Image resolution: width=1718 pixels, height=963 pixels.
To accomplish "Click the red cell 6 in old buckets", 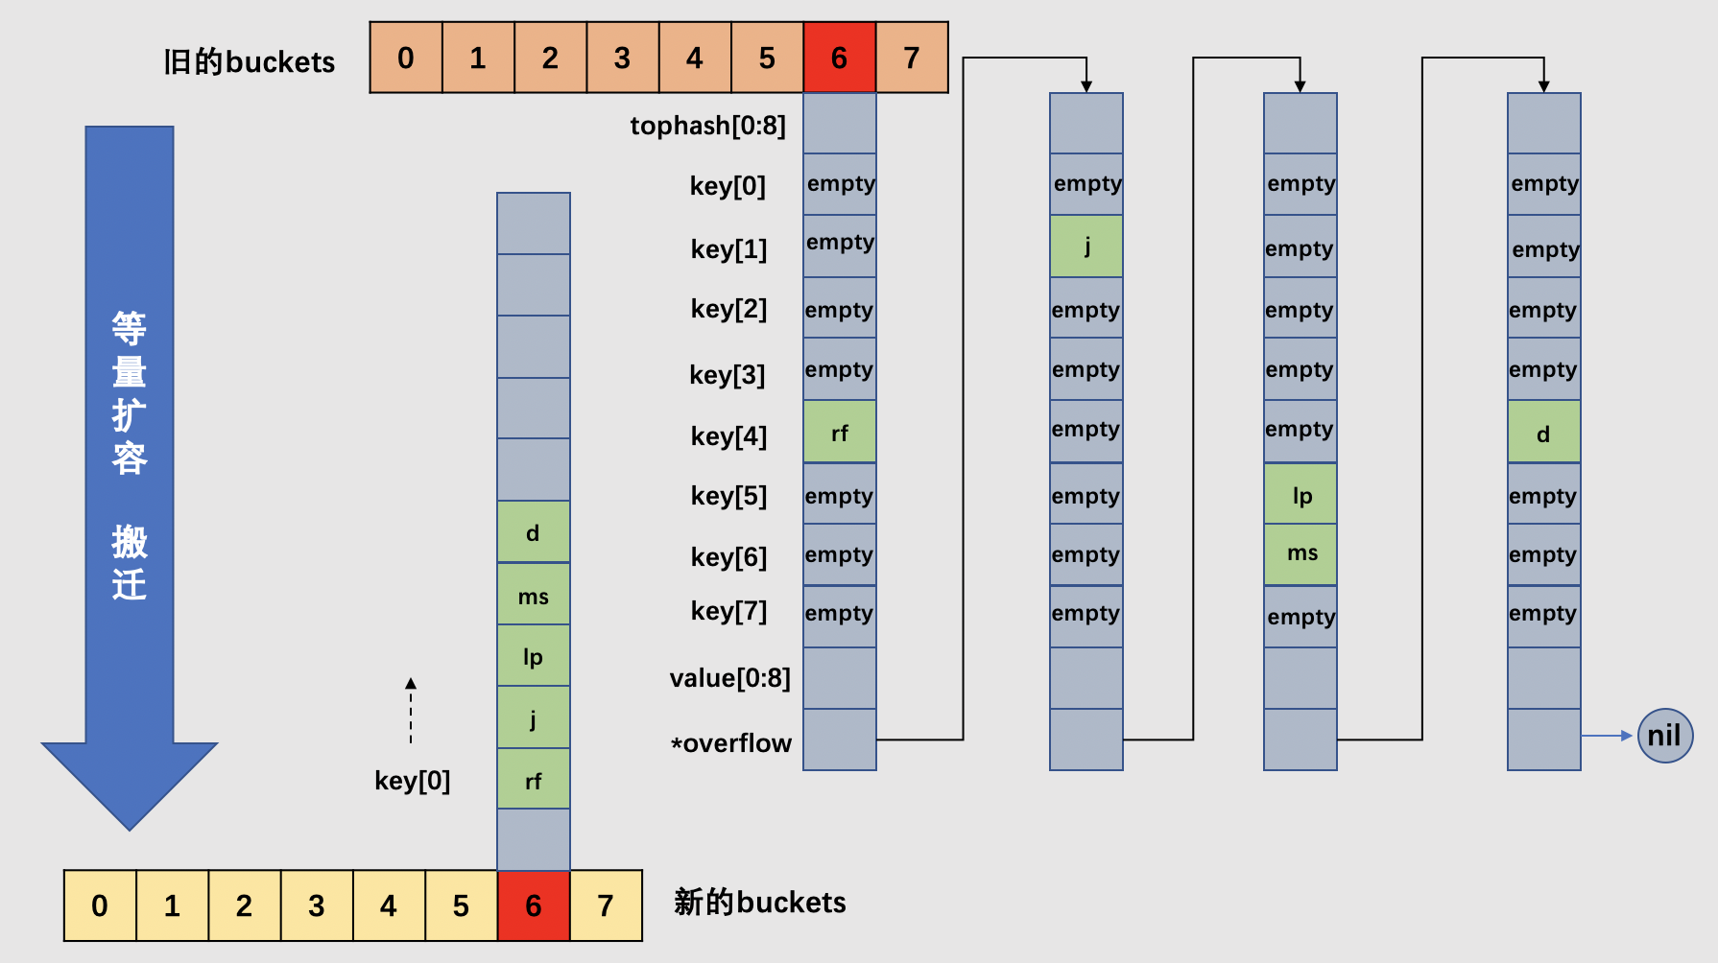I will click(x=839, y=58).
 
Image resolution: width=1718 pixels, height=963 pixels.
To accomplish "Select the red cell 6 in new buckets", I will click(x=534, y=905).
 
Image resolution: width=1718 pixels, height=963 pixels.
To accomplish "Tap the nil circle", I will click(x=1664, y=736).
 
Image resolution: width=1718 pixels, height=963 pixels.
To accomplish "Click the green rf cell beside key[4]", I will click(x=839, y=433).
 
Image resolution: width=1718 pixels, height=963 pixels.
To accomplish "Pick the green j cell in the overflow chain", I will click(x=1086, y=247).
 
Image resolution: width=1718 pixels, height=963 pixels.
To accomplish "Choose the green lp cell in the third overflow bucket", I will click(x=1300, y=495).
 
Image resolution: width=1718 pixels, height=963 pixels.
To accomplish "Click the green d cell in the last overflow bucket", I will click(x=1543, y=433).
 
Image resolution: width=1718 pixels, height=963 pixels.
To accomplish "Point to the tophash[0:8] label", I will click(x=707, y=126).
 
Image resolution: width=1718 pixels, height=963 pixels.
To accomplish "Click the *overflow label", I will click(x=731, y=743).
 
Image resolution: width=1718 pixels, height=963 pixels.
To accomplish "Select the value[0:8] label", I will click(x=729, y=678).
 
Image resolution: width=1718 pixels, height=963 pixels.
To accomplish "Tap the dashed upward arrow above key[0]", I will click(x=411, y=711).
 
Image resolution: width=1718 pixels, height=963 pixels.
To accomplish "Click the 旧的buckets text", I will click(x=249, y=62).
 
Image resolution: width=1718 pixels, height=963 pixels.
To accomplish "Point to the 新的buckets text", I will click(x=759, y=903).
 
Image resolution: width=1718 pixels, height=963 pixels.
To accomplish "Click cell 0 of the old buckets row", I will click(x=406, y=58).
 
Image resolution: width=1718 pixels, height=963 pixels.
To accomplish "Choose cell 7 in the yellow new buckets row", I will click(x=606, y=905).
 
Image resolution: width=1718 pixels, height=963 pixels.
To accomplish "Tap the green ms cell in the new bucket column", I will click(x=534, y=596).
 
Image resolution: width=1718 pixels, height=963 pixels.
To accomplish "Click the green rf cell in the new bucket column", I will click(x=534, y=780).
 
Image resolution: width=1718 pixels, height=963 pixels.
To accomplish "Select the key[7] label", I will click(x=728, y=611).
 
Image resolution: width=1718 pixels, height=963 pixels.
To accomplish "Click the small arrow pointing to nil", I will click(x=1607, y=736).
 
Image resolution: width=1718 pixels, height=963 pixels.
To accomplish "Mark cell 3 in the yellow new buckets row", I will click(x=317, y=905).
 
